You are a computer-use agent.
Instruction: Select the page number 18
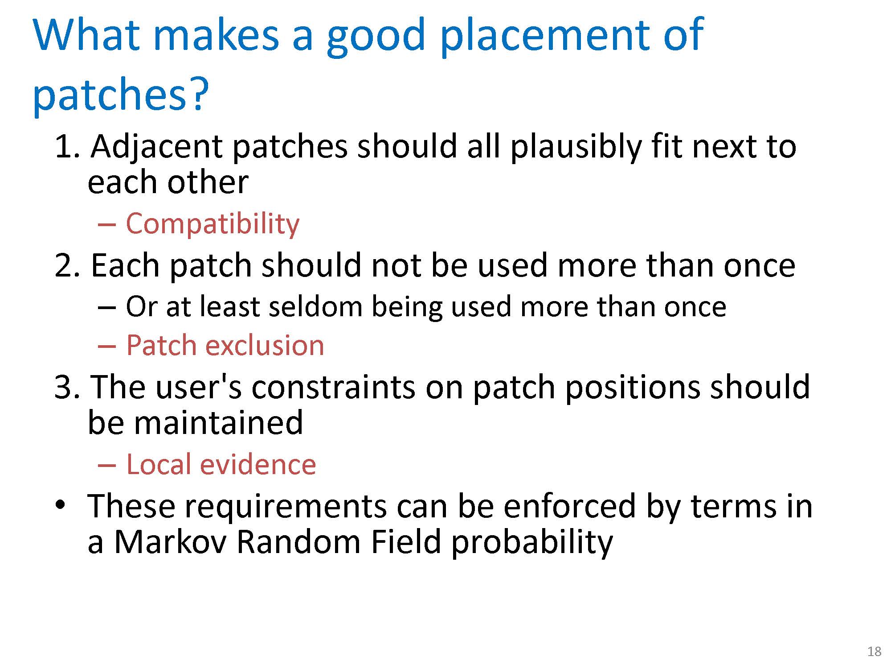click(x=875, y=652)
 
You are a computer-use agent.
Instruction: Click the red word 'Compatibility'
click(x=213, y=224)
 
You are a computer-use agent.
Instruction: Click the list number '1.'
click(x=67, y=147)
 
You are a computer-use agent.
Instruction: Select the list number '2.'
click(x=67, y=265)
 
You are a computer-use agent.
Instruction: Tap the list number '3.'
click(x=67, y=387)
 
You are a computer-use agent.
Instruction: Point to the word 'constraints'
click(x=333, y=387)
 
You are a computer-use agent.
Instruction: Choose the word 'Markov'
click(x=171, y=542)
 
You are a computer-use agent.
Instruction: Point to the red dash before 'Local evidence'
click(x=107, y=465)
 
